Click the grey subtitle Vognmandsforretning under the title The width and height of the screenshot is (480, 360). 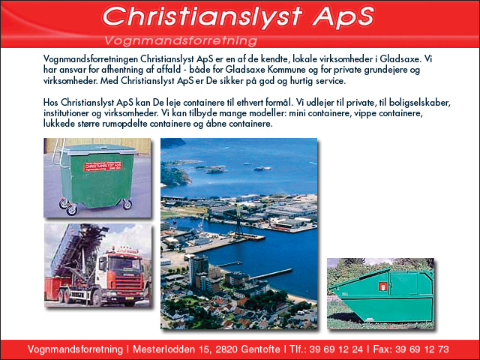[x=180, y=40]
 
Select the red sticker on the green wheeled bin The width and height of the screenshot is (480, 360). [x=103, y=166]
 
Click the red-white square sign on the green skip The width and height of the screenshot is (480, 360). [x=383, y=286]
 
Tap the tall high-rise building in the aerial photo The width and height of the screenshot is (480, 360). [x=198, y=270]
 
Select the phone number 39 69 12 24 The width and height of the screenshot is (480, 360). [x=336, y=349]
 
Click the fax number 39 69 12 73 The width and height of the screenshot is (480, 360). [x=422, y=349]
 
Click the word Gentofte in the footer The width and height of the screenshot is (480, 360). [x=260, y=349]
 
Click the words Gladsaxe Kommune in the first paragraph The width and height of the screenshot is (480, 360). [x=265, y=70]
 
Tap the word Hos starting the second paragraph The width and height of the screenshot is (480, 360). [x=50, y=102]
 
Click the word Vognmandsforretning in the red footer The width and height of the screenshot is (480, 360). [x=75, y=349]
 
